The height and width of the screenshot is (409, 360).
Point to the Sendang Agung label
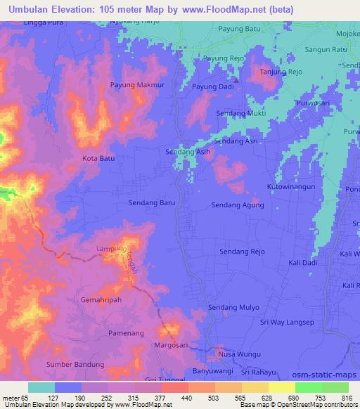238,205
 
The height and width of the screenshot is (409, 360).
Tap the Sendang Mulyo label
233,307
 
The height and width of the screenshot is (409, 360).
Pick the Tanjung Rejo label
281,72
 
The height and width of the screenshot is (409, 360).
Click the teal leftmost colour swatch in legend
41,387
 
